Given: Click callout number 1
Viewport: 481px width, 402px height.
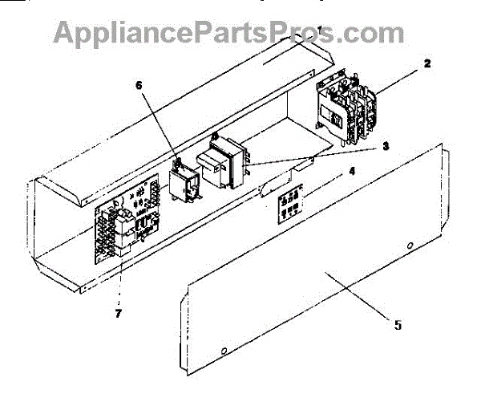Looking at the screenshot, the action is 320,30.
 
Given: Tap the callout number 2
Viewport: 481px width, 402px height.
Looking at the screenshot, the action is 427,63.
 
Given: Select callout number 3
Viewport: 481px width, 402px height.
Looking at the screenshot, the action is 386,146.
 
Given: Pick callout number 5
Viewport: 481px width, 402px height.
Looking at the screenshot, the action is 398,324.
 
